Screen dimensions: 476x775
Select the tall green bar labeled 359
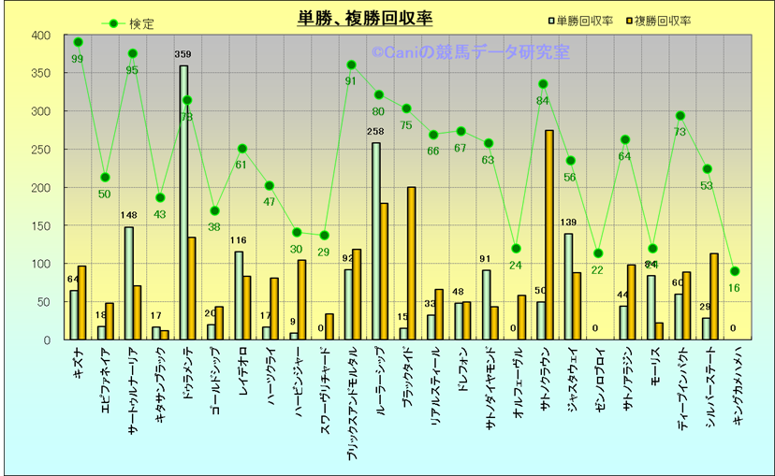pos(183,202)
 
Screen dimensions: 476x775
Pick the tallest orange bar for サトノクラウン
pos(549,235)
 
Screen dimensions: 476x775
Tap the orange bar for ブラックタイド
pos(412,263)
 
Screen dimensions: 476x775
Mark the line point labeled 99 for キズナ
pos(78,42)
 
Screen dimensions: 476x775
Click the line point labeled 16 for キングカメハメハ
pos(735,271)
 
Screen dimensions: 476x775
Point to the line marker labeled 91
pos(351,65)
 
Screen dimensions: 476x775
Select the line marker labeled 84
pos(543,84)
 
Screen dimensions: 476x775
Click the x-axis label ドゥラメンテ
pos(187,374)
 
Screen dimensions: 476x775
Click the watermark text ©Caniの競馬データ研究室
pos(470,53)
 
